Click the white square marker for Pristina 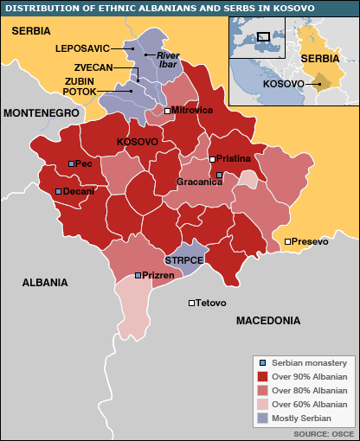pyautogui.click(x=212, y=159)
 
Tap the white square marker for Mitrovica pyautogui.click(x=167, y=111)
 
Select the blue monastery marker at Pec pyautogui.click(x=72, y=163)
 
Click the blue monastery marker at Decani pyautogui.click(x=58, y=191)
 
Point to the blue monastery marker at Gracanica pyautogui.click(x=219, y=175)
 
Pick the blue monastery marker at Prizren pyautogui.click(x=138, y=275)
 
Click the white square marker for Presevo pyautogui.click(x=287, y=241)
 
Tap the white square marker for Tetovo pyautogui.click(x=191, y=303)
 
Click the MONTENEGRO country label pyautogui.click(x=40, y=113)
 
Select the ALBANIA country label pyautogui.click(x=45, y=283)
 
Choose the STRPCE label pyautogui.click(x=183, y=259)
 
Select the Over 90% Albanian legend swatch pyautogui.click(x=263, y=377)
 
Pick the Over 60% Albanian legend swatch pyautogui.click(x=263, y=404)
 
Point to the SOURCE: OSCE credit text pyautogui.click(x=322, y=432)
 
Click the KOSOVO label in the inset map pyautogui.click(x=282, y=84)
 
